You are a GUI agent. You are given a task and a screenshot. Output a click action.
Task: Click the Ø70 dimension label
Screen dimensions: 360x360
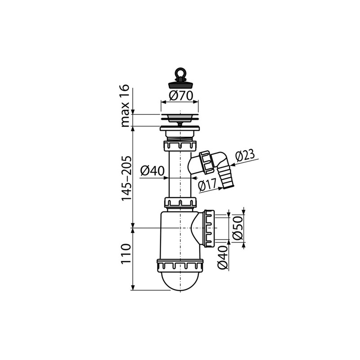181,96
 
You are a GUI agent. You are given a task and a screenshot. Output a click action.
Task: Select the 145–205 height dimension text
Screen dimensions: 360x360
126,179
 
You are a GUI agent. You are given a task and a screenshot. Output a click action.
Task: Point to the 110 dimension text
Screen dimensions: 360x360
126,254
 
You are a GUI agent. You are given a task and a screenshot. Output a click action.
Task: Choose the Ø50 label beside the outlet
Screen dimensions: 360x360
238,228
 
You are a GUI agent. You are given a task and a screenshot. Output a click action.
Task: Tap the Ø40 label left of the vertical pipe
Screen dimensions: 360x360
153,171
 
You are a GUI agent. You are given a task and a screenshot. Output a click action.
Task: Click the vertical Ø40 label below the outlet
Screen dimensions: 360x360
222,257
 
